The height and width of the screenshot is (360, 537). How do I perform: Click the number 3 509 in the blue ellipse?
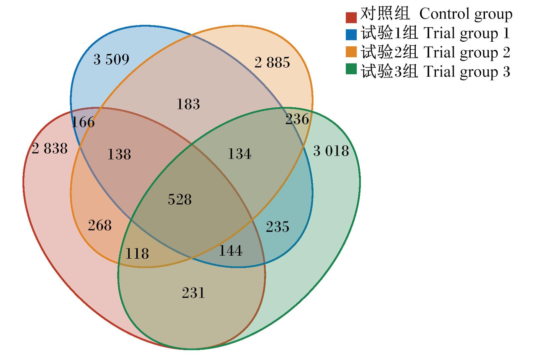tap(111, 59)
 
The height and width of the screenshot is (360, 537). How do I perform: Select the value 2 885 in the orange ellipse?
tap(272, 63)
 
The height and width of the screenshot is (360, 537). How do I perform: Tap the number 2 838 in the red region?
tap(50, 148)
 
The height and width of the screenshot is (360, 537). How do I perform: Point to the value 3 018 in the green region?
tap(331, 151)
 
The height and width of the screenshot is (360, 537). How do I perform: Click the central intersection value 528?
tap(180, 199)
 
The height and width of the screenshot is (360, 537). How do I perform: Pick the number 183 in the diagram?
tap(188, 104)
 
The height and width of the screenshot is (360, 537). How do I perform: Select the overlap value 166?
tap(83, 122)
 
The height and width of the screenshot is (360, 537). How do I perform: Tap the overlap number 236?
tap(297, 119)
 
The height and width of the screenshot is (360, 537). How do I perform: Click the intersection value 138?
tap(119, 154)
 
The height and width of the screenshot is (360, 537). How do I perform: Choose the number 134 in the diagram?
tap(239, 154)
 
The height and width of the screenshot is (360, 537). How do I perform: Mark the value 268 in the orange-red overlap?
tap(100, 226)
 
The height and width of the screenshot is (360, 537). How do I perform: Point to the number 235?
tap(277, 227)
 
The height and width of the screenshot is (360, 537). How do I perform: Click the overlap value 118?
tap(137, 253)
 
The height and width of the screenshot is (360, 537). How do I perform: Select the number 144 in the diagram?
tap(231, 251)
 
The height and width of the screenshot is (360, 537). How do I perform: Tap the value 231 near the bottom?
tap(194, 293)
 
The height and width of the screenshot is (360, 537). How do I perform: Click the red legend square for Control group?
tap(351, 18)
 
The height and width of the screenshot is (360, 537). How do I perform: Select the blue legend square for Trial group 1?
tap(351, 34)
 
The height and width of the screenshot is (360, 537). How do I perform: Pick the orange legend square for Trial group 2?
tap(351, 52)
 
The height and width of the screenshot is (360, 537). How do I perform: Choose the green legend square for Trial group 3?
tap(351, 69)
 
